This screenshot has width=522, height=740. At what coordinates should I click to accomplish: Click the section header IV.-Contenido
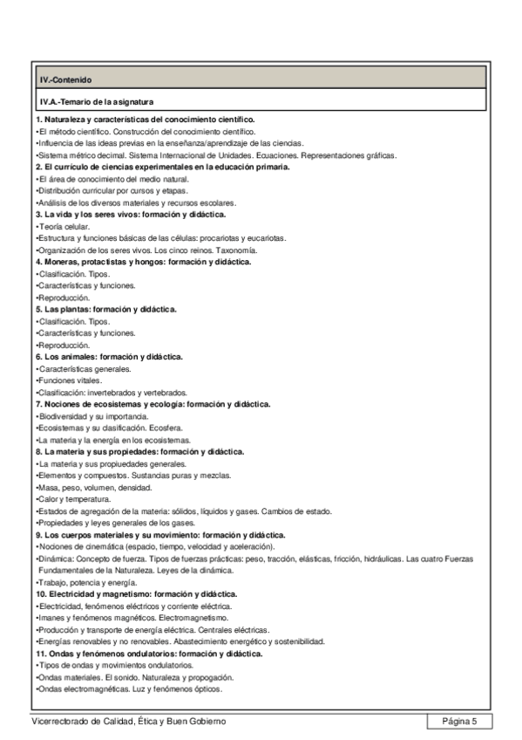tap(60, 80)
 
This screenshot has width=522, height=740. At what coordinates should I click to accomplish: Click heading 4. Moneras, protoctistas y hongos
tap(143, 261)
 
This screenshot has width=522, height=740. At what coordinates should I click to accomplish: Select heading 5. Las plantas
tap(106, 309)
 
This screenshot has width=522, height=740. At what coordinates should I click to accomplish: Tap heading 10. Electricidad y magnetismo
tap(140, 593)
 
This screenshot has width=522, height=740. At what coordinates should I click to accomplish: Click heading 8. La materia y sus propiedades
tap(139, 451)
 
